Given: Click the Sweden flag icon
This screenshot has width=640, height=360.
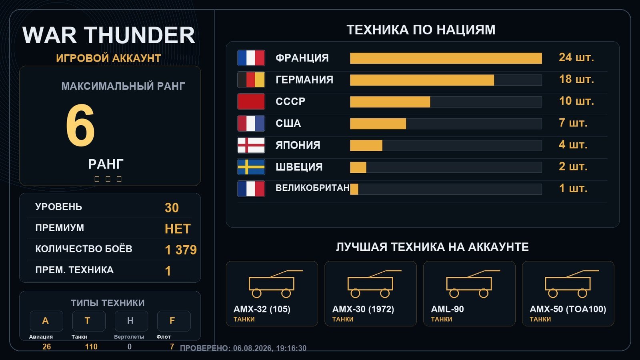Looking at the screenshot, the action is click(251, 167).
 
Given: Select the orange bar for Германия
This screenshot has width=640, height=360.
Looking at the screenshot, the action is click(422, 80).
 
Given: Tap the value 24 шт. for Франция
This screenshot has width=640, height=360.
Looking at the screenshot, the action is click(576, 58).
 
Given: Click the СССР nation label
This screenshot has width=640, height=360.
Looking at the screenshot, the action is click(290, 102).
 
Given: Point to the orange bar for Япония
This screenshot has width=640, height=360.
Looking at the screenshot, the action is click(366, 146).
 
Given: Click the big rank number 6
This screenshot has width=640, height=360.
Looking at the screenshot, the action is click(80, 125).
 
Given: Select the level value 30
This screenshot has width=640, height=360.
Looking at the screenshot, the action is click(172, 208).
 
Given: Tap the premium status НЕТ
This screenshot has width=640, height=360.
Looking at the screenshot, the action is click(178, 229).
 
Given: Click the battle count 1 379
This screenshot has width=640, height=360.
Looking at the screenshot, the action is click(181, 250).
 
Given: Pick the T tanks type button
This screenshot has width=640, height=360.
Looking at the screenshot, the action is click(89, 321).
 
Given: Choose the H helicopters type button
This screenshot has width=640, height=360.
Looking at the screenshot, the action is click(132, 321).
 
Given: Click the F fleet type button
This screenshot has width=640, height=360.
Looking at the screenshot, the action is click(174, 321).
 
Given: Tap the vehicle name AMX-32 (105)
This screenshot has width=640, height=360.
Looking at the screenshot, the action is click(262, 309).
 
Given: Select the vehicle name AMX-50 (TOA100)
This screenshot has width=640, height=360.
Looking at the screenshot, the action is click(568, 309).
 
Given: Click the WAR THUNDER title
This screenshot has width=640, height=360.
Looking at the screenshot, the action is click(108, 35).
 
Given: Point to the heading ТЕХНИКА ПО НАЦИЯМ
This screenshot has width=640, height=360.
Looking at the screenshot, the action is click(421, 30).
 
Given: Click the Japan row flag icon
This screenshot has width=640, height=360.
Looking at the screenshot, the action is click(251, 145).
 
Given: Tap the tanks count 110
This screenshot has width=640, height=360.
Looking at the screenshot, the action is click(91, 347).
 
